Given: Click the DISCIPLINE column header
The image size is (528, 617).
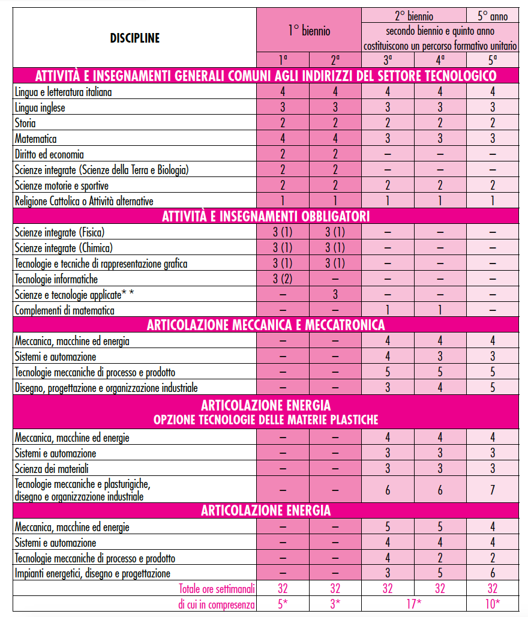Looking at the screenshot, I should pos(134,38).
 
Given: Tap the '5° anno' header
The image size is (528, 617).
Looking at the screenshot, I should pos(493,16).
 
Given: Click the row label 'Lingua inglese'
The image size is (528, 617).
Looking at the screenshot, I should pos(40,108).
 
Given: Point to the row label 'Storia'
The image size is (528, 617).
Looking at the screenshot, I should pos(26,124).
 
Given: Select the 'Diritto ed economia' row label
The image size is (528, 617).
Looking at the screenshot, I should pos(49,154).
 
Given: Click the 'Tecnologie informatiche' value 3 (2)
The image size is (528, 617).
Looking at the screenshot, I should pos(283,279).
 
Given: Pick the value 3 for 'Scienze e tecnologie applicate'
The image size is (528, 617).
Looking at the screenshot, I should pos(335,295).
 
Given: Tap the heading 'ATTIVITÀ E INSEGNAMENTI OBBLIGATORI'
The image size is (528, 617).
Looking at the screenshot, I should pos(265,216).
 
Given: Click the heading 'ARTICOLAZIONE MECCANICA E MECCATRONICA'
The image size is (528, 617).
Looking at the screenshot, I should pos(265,325).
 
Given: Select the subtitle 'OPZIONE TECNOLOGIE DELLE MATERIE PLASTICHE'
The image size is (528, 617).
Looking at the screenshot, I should pos(265,420).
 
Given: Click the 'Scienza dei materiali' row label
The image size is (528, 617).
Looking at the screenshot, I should pos(52,468).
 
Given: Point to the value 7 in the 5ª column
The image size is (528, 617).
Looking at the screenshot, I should pos(493,490).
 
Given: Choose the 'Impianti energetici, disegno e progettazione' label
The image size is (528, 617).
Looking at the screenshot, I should pos(92,574).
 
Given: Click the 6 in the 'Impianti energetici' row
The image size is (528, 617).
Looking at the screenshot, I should pos(493,574).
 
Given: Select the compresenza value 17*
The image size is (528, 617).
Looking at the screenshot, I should pos(414,604).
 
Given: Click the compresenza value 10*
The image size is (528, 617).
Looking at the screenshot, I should pos(493,604).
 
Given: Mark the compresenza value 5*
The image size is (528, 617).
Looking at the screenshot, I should pos(283,604).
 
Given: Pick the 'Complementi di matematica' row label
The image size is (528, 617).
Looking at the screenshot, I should pos(64,310).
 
